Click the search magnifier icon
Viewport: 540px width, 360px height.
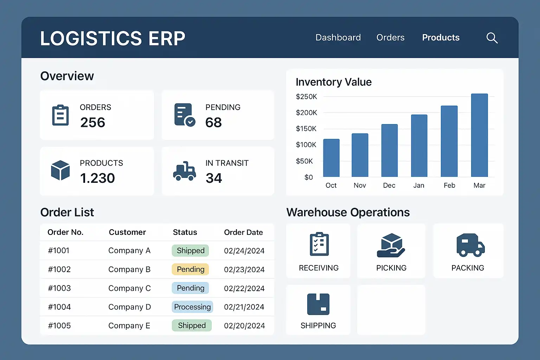point(492,38)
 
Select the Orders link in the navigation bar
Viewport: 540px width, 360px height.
point(390,38)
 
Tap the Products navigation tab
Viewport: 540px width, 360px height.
point(441,38)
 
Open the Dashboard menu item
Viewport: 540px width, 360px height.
point(338,38)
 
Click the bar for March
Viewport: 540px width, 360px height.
point(479,135)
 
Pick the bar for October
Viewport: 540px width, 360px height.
point(331,158)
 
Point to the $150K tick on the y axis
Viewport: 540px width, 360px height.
point(306,129)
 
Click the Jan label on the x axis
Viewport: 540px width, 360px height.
point(418,185)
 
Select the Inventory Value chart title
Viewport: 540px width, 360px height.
point(333,82)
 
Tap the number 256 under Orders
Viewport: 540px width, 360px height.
point(92,122)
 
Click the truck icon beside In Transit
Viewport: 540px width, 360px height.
point(184,171)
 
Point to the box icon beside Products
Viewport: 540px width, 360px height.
point(60,170)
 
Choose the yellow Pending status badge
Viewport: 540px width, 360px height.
point(190,269)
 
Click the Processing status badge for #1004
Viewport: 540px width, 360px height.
point(192,307)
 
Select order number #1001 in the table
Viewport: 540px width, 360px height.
point(59,251)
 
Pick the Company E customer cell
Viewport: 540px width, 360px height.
point(129,326)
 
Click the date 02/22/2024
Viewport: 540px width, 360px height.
point(244,288)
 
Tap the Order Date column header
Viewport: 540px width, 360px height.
point(243,232)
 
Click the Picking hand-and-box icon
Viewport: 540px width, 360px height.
point(391,245)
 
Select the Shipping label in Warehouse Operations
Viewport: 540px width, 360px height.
point(318,326)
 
